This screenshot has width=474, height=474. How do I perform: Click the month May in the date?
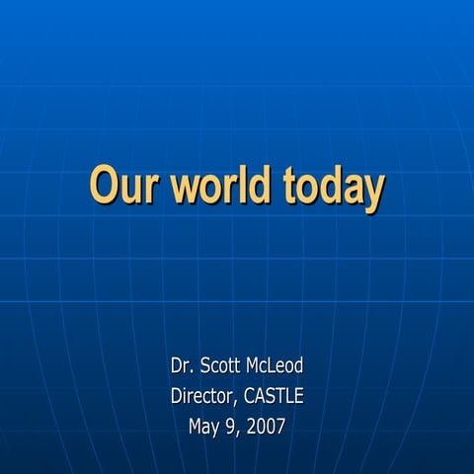coord(204,429)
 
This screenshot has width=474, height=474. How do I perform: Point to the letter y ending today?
coord(371,192)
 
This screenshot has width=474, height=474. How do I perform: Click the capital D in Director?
coord(175,397)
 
